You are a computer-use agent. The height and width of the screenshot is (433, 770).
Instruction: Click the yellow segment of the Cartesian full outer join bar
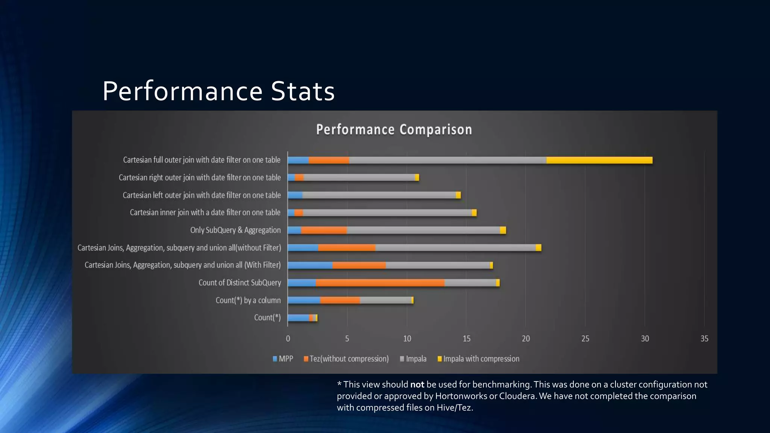[x=599, y=160]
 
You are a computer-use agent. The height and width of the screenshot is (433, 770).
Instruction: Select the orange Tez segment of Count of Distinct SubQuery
[x=380, y=283]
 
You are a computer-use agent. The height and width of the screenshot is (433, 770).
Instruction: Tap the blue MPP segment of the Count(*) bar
[x=298, y=318]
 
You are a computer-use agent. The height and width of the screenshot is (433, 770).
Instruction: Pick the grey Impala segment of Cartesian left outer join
[x=379, y=195]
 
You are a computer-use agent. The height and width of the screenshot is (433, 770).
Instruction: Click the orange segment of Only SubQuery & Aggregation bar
[x=324, y=230]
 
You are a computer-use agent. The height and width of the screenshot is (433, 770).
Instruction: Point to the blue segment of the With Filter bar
[x=310, y=265]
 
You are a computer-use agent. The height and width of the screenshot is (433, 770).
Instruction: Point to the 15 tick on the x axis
[x=466, y=339]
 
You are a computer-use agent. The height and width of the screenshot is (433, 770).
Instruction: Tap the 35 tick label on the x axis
[x=704, y=339]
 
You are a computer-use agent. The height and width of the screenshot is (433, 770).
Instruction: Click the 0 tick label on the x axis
[x=288, y=339]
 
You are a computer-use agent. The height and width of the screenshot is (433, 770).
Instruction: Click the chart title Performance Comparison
[x=394, y=130]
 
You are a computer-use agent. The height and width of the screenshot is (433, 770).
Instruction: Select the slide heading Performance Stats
[x=218, y=91]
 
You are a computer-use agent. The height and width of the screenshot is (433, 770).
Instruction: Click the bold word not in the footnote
[x=417, y=385]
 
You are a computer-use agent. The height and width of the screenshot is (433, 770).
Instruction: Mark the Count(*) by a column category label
[x=248, y=300]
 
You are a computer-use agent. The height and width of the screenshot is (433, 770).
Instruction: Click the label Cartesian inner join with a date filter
[x=205, y=213]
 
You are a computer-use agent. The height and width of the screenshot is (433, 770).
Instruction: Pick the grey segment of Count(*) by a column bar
[x=385, y=300]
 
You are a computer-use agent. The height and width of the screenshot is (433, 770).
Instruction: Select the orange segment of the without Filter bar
[x=346, y=248]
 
